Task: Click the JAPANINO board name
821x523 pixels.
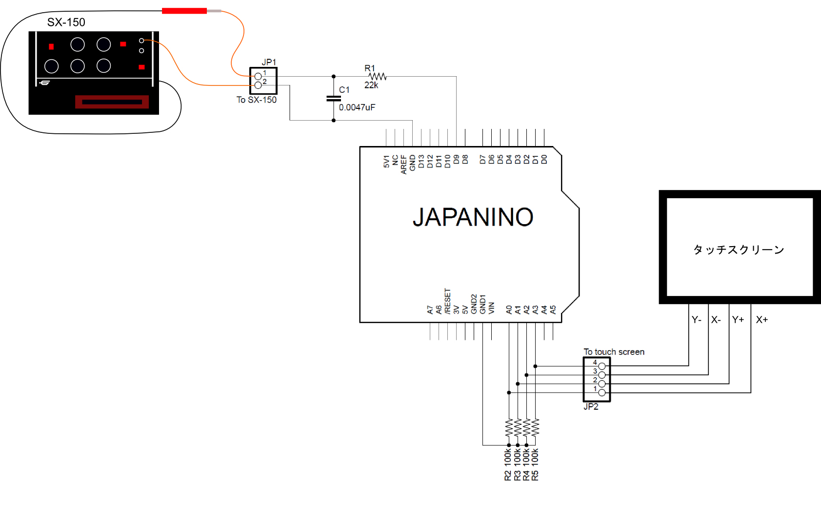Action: click(473, 217)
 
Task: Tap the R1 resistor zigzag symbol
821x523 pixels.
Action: click(378, 76)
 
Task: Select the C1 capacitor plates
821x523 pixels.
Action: click(334, 98)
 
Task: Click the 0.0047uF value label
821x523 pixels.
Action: click(357, 107)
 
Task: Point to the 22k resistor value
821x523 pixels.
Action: click(371, 85)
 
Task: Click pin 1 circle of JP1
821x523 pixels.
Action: click(258, 76)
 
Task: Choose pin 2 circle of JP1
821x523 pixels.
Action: click(258, 85)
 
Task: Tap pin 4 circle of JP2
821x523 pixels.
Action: click(602, 366)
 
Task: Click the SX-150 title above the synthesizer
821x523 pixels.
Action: click(66, 22)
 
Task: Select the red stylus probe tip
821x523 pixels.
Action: click(184, 11)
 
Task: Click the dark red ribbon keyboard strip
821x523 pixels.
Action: click(112, 102)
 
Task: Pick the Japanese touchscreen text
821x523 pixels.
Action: click(739, 250)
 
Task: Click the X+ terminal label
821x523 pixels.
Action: click(762, 320)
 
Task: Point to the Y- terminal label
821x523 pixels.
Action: click(697, 320)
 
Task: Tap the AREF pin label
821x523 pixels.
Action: click(403, 165)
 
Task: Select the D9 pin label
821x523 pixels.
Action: click(456, 159)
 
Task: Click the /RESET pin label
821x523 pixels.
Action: click(447, 301)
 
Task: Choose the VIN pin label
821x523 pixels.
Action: click(492, 308)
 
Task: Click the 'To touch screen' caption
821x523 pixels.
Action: click(614, 352)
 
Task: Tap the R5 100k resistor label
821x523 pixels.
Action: click(535, 464)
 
